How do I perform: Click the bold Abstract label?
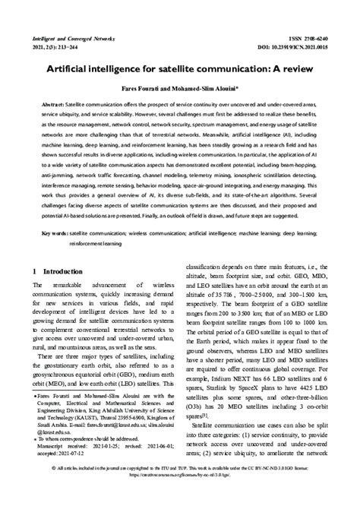coord(52,104)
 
